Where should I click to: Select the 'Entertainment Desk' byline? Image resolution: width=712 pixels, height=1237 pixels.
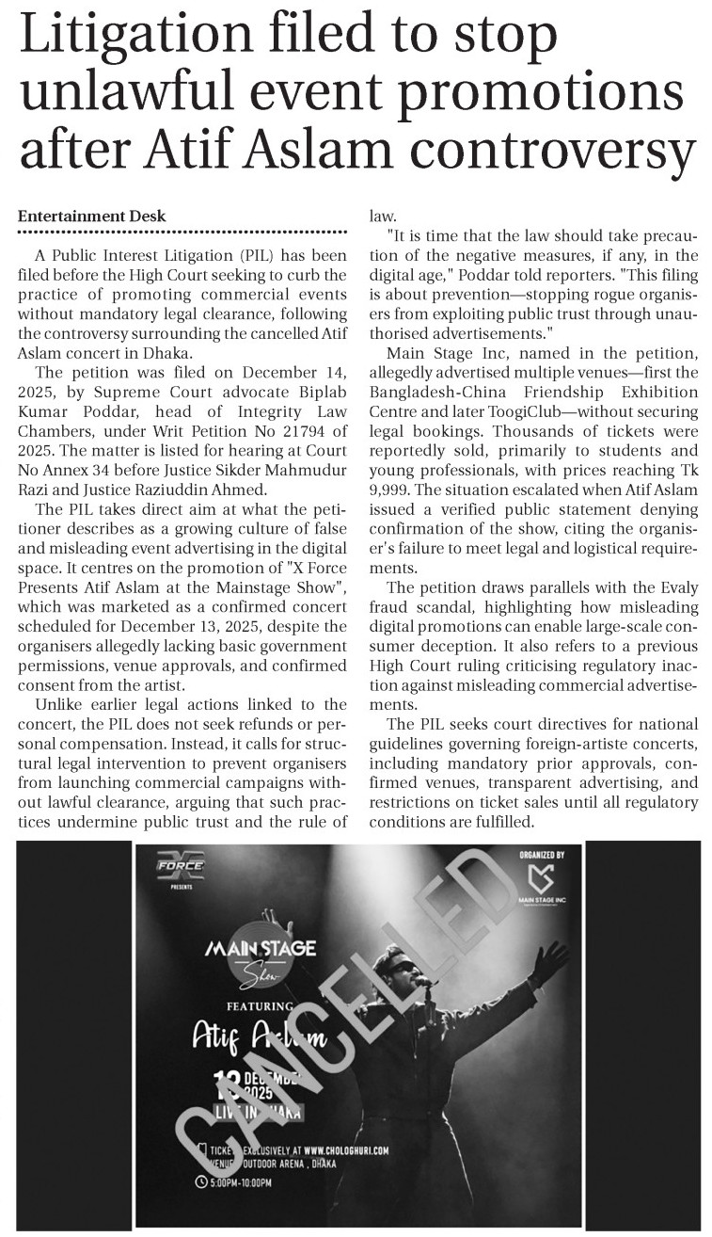click(x=92, y=216)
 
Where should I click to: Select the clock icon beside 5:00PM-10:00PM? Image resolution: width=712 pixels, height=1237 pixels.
click(x=201, y=1181)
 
